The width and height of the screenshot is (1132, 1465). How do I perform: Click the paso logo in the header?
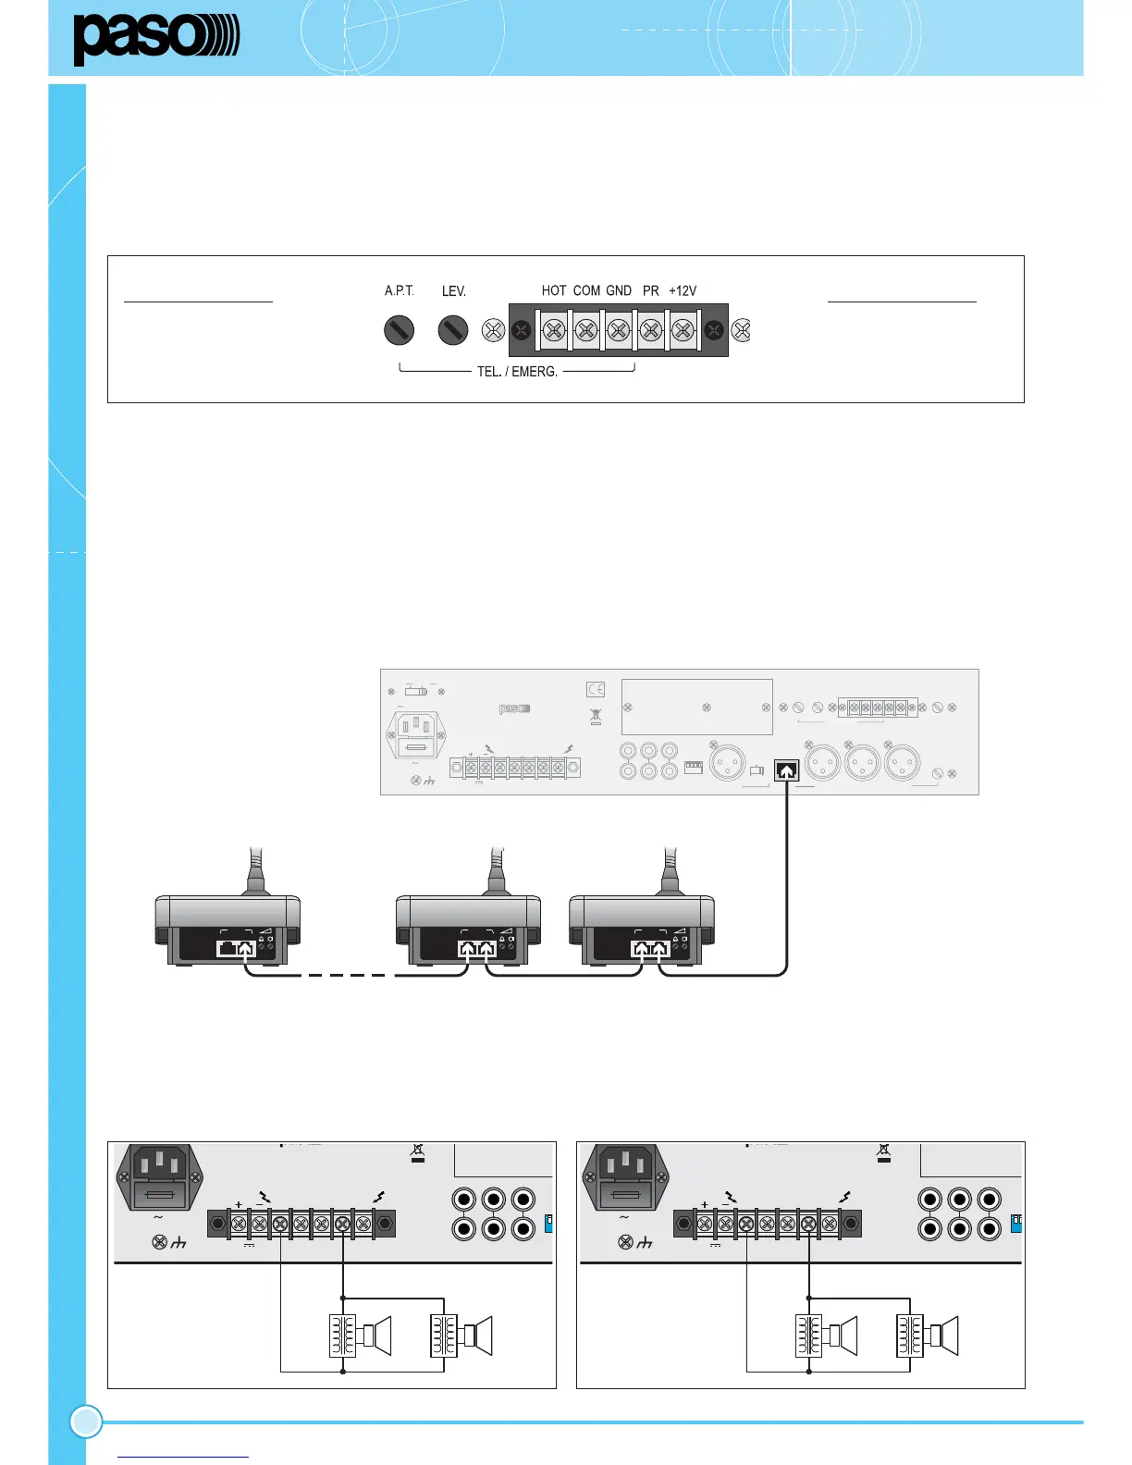[x=155, y=39]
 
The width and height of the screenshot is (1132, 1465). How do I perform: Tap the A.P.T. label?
[x=399, y=290]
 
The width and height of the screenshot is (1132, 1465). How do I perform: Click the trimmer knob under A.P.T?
[x=399, y=330]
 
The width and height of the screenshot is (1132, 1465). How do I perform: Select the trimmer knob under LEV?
[x=452, y=330]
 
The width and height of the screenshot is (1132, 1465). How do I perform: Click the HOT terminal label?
[x=554, y=290]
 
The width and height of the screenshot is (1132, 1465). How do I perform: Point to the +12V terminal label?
[x=683, y=290]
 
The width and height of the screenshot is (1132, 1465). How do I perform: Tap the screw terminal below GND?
[x=619, y=330]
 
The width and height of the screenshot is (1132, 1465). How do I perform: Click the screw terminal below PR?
[x=651, y=330]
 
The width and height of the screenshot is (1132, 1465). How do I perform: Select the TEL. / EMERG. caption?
[x=517, y=372]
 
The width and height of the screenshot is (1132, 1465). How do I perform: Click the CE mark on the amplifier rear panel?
[x=596, y=689]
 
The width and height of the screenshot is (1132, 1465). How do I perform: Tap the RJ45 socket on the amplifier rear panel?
[x=786, y=769]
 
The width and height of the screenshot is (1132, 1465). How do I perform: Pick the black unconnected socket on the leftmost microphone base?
[x=227, y=948]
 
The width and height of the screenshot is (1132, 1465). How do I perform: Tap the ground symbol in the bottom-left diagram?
[x=179, y=1242]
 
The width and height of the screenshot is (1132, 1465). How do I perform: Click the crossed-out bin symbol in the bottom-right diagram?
[x=883, y=1152]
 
